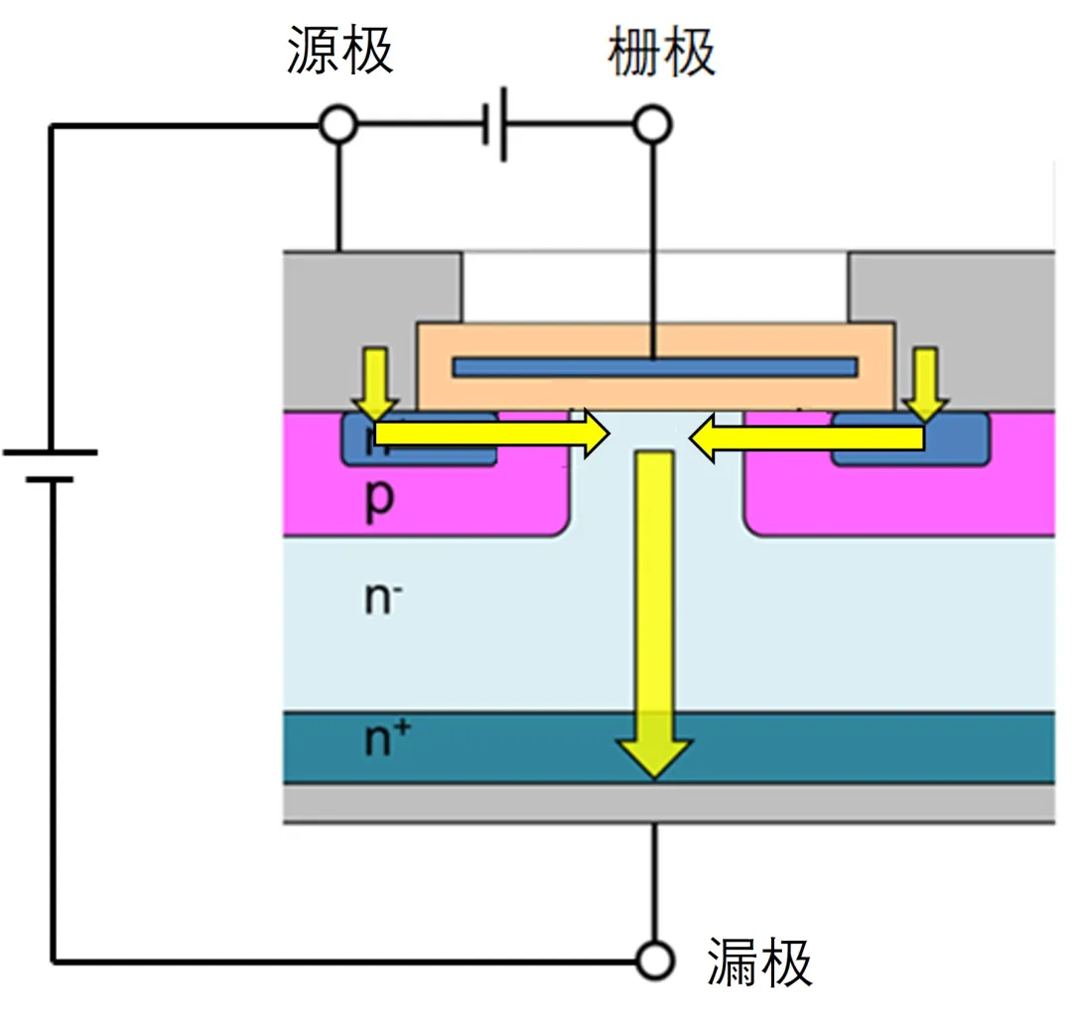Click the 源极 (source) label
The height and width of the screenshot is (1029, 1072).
tap(340, 51)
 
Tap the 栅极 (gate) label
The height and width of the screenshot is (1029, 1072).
tap(661, 51)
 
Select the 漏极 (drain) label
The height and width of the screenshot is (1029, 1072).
tap(759, 962)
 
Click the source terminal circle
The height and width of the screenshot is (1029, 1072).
tap(338, 125)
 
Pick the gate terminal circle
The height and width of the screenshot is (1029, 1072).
tap(653, 125)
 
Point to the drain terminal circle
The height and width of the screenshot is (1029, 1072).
tap(654, 961)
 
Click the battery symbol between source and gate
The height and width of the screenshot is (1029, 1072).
tap(497, 125)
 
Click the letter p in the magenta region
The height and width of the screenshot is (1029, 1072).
tap(379, 499)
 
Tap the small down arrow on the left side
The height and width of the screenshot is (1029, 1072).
tap(375, 382)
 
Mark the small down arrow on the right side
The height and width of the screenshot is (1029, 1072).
tap(925, 382)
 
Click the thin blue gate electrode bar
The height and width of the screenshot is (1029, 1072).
tap(654, 367)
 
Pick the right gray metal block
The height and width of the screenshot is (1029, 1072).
tap(953, 298)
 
